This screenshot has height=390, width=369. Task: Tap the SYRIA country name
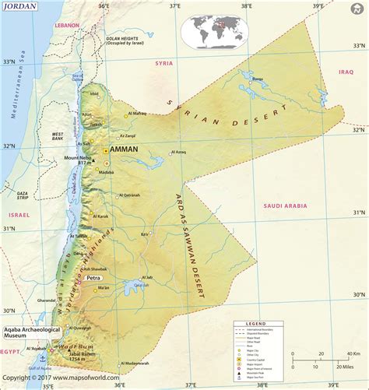point(163,63)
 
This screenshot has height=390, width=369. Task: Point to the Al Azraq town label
point(177,153)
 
